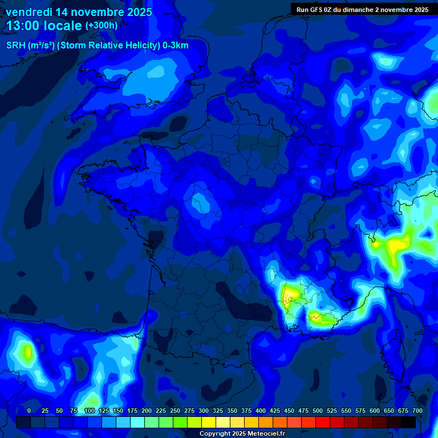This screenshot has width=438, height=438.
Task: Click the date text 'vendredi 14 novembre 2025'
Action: (x=79, y=12)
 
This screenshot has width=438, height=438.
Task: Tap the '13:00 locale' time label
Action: (x=44, y=26)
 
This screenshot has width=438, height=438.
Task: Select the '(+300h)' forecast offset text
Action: (x=101, y=26)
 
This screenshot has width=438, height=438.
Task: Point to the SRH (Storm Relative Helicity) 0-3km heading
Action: (x=97, y=46)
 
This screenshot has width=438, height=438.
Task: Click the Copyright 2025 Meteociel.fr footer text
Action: (x=242, y=433)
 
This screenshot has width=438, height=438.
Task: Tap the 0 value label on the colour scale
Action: (x=29, y=411)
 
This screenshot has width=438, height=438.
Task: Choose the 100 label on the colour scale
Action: (x=89, y=411)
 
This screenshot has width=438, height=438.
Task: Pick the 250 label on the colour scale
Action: (x=175, y=411)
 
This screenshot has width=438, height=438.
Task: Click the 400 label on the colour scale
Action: (x=261, y=411)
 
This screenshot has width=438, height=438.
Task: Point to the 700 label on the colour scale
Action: (x=417, y=411)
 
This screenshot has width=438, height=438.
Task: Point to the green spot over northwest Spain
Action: (x=26, y=351)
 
